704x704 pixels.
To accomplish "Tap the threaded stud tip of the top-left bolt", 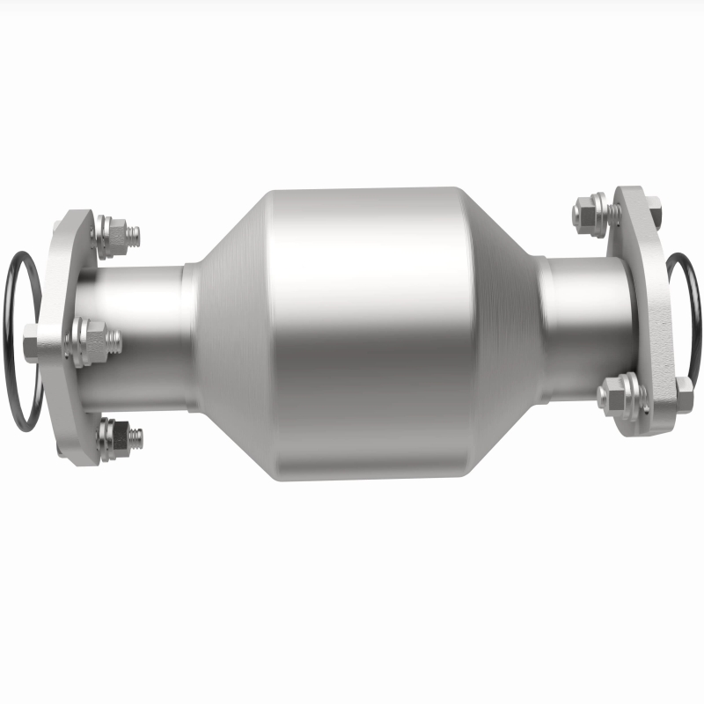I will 133,236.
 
